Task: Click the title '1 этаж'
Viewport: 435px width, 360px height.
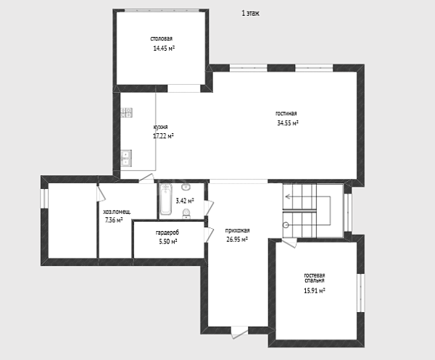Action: click(x=251, y=13)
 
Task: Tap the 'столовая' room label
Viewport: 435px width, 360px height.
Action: click(x=162, y=38)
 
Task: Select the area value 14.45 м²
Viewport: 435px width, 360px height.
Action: click(x=164, y=49)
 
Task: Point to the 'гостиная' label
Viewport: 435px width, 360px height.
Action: click(x=286, y=113)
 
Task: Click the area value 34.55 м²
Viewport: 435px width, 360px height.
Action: click(x=288, y=122)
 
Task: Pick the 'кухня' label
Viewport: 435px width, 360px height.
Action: click(x=161, y=127)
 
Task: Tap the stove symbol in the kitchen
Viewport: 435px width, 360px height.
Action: click(x=126, y=112)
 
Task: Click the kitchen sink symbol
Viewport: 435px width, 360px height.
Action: click(x=126, y=158)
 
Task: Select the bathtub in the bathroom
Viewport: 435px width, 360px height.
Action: click(x=165, y=199)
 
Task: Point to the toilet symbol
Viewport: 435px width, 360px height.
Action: click(x=186, y=214)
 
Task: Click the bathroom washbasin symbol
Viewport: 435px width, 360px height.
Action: click(x=186, y=187)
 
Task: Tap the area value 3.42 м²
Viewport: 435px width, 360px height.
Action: click(x=185, y=201)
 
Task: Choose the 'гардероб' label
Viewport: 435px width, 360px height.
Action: click(x=167, y=233)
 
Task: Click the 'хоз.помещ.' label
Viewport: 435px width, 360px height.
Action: click(x=117, y=212)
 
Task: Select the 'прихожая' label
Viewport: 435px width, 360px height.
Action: click(x=237, y=230)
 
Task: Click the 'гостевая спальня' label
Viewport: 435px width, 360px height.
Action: click(x=315, y=278)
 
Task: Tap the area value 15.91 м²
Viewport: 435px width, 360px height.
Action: click(x=315, y=290)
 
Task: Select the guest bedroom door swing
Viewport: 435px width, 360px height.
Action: click(x=289, y=243)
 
